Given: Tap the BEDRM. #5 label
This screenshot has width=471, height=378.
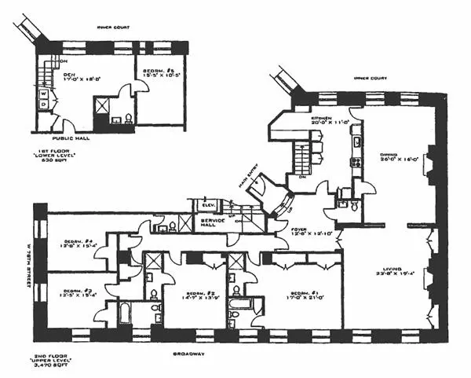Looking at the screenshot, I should (x=159, y=73).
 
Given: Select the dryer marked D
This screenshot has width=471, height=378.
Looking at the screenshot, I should (x=43, y=104).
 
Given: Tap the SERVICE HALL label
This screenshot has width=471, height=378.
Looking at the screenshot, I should (x=213, y=223).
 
